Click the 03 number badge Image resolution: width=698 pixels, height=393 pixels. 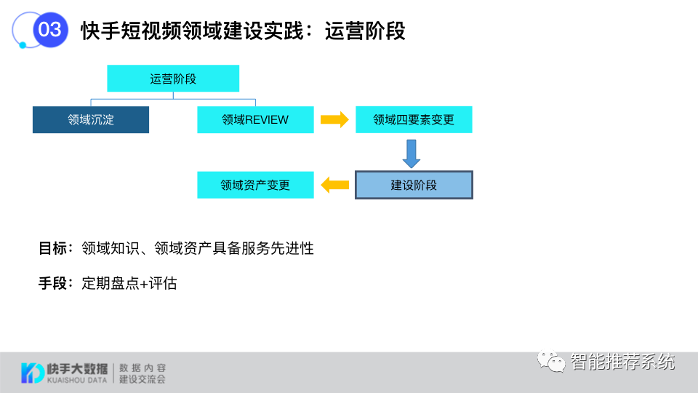point(50,30)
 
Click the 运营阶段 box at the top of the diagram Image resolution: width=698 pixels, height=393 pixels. point(173,79)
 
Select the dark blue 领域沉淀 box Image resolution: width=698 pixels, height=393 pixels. point(91,120)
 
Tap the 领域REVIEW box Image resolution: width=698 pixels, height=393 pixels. point(255,120)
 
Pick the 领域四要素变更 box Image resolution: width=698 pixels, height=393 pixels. point(414,120)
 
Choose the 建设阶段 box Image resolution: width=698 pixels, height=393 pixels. point(414,185)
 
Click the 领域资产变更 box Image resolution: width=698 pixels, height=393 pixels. point(255,185)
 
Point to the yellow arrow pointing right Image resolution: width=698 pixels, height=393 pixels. point(334,120)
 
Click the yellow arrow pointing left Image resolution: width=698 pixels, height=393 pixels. point(334,185)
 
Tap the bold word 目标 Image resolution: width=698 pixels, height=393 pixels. point(52,248)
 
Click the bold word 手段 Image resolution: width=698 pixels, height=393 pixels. point(52,283)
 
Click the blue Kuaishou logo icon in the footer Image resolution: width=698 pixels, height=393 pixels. point(32,372)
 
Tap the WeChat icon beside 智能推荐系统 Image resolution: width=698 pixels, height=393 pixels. point(552,361)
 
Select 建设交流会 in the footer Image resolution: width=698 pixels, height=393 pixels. point(143,379)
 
